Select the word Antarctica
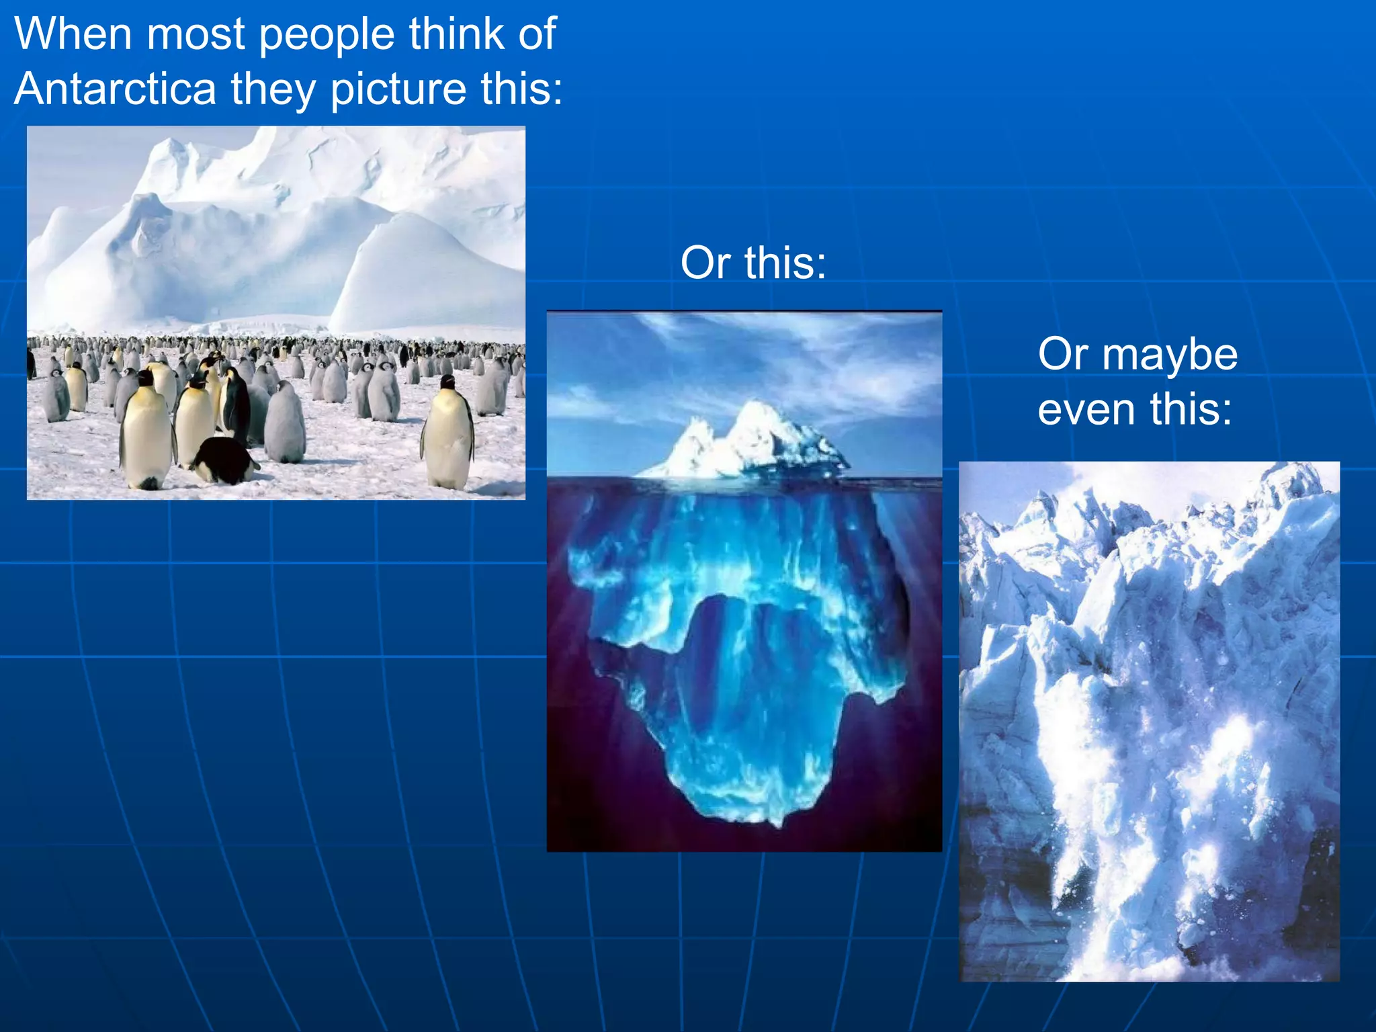(115, 88)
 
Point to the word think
(456, 34)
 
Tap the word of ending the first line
(537, 34)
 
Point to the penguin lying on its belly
(224, 460)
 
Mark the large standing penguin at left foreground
(145, 430)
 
